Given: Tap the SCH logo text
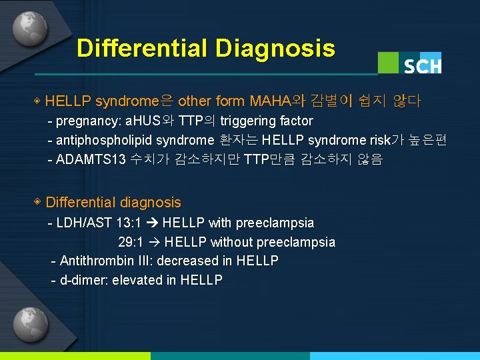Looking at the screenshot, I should (422, 65).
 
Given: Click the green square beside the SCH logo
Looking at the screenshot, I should (389, 63).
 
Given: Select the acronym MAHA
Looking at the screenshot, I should (270, 101).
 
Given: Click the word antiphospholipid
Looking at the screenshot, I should (101, 140).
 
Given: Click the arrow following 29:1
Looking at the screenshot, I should (155, 242).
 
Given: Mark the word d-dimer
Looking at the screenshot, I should (83, 280).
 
